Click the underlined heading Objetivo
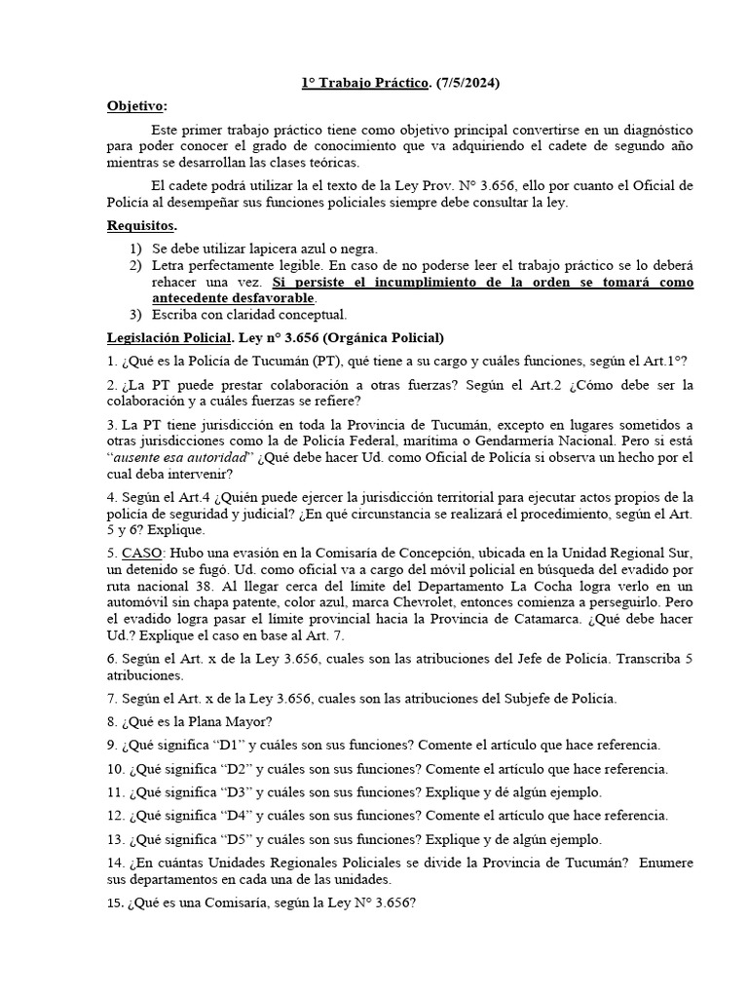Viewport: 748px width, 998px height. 136,106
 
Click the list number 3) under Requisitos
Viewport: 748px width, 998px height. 135,315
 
